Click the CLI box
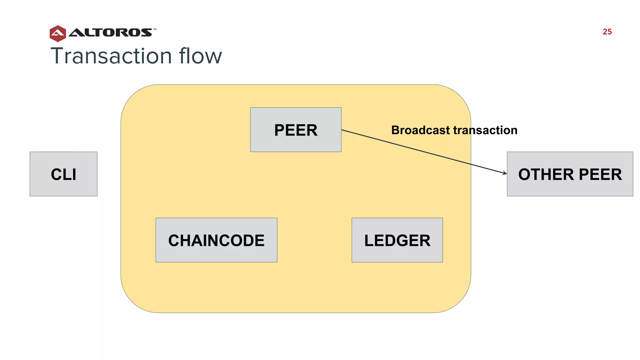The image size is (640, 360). tap(63, 174)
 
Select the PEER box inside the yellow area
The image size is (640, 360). tap(296, 130)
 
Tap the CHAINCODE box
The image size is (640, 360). tap(216, 240)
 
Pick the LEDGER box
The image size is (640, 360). tap(397, 240)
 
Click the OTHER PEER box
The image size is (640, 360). tap(570, 174)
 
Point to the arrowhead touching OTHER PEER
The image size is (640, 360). tap(505, 173)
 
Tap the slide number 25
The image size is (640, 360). tap(607, 32)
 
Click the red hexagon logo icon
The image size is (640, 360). tap(58, 33)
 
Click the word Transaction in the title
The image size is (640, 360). tap(111, 56)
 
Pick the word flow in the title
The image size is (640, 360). tap(200, 56)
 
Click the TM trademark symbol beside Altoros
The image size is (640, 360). tap(155, 29)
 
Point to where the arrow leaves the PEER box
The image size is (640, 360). tap(342, 130)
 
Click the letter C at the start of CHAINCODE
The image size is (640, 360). tap(174, 241)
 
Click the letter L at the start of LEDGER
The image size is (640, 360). tap(369, 241)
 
